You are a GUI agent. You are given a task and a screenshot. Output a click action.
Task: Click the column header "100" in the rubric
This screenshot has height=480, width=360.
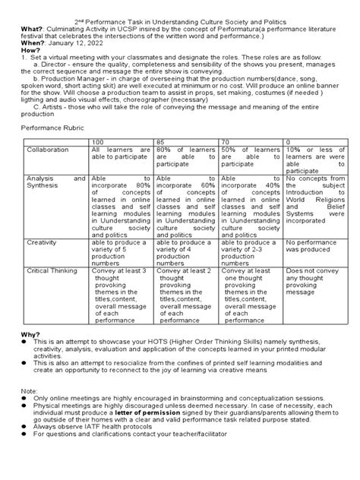tap(99, 142)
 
